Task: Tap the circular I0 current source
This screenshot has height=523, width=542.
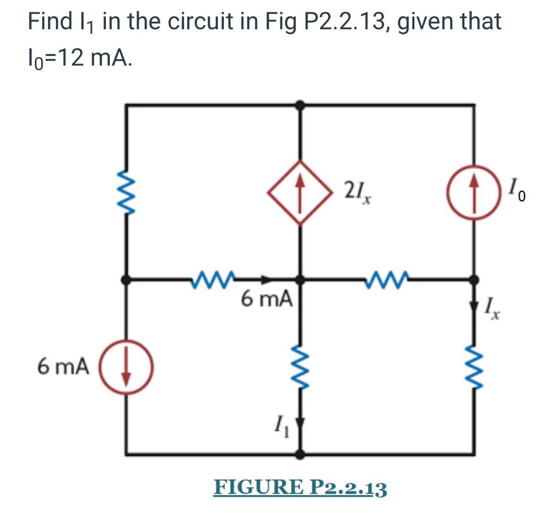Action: (473, 192)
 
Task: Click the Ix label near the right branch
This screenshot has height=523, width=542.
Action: (493, 307)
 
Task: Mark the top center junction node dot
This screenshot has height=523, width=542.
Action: (300, 105)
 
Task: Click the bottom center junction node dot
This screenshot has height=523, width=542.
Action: (300, 454)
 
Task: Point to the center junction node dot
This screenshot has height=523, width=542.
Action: (300, 278)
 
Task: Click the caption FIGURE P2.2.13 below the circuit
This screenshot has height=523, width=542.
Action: (300, 488)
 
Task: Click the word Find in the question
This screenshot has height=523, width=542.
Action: (49, 23)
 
